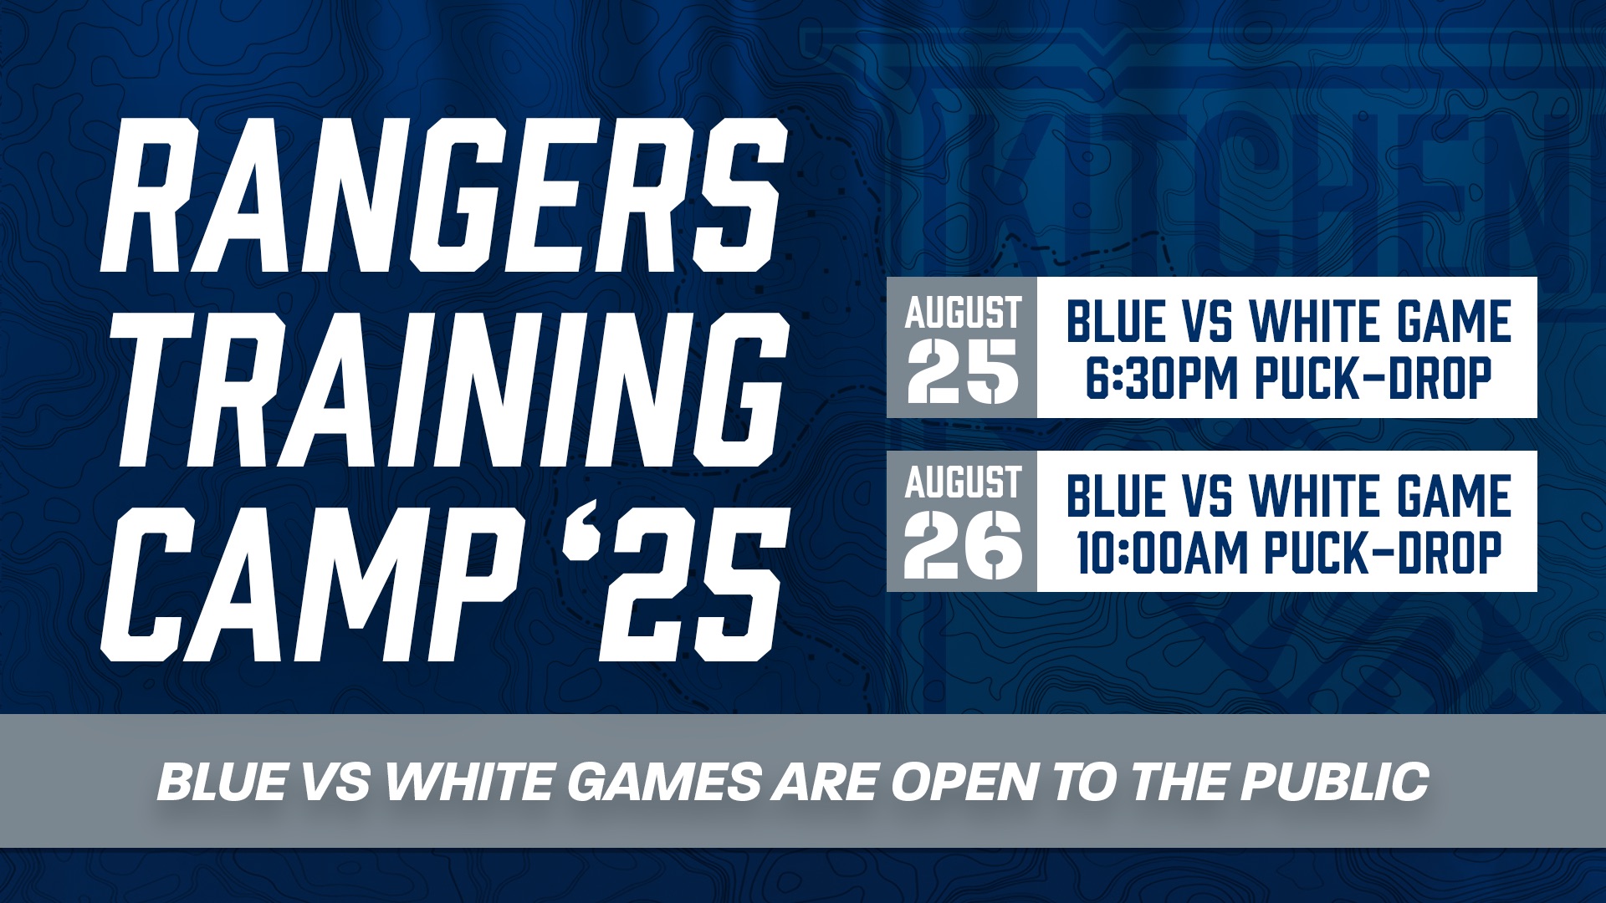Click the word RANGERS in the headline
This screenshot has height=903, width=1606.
[x=443, y=194]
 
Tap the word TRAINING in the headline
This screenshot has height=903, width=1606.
[x=443, y=389]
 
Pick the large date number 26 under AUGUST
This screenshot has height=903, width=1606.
[x=963, y=545]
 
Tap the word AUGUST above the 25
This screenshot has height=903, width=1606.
[x=963, y=313]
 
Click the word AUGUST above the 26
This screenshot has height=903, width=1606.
[x=963, y=482]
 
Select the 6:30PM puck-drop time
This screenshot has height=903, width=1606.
[x=1161, y=378]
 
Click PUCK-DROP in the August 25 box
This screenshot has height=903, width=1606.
[x=1373, y=378]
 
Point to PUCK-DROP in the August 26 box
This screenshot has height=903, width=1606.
[x=1383, y=553]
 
